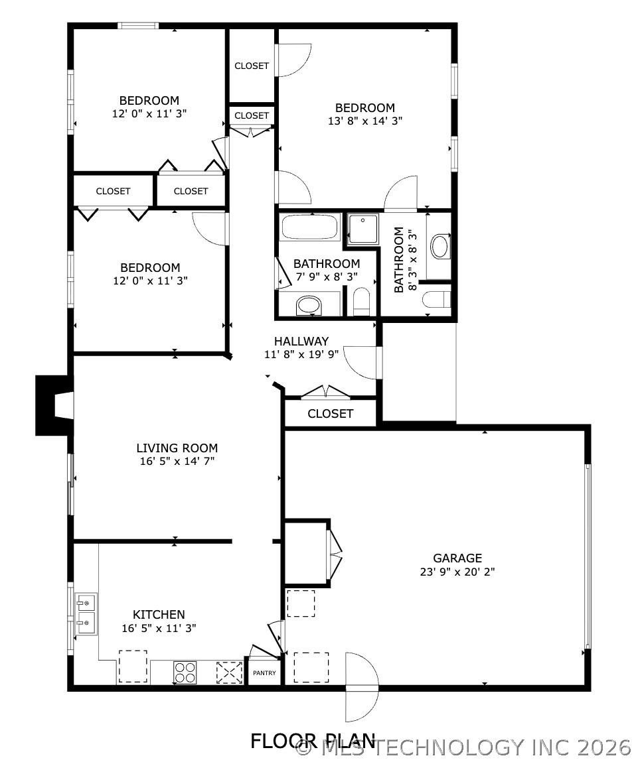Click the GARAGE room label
pyautogui.click(x=457, y=558)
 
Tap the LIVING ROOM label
pyautogui.click(x=177, y=448)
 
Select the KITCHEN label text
pyautogui.click(x=159, y=614)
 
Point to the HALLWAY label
pyautogui.click(x=301, y=341)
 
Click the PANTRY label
pyautogui.click(x=264, y=673)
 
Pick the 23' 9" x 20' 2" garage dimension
pyautogui.click(x=457, y=572)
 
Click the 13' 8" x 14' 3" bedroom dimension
pyautogui.click(x=365, y=121)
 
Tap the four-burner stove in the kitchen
pyautogui.click(x=185, y=672)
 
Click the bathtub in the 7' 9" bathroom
pyautogui.click(x=310, y=227)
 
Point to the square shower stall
pyautogui.click(x=363, y=229)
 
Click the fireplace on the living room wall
pyautogui.click(x=54, y=405)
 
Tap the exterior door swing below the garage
pyautogui.click(x=362, y=688)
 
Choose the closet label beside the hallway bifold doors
pyautogui.click(x=330, y=414)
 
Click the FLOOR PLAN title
pyautogui.click(x=313, y=741)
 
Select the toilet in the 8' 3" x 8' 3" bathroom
pyautogui.click(x=437, y=299)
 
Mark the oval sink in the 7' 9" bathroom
pyautogui.click(x=309, y=306)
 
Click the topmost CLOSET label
pyautogui.click(x=252, y=66)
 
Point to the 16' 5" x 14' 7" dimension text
pyautogui.click(x=177, y=461)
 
